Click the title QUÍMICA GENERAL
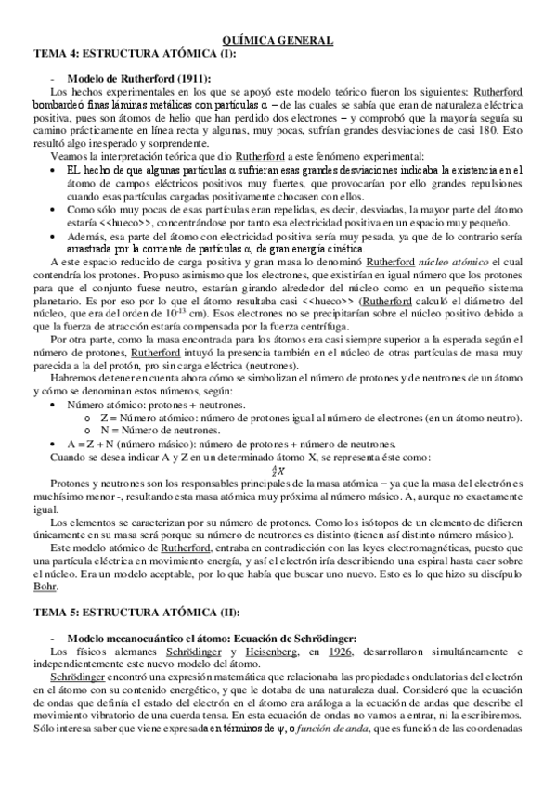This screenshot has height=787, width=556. [x=278, y=41]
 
